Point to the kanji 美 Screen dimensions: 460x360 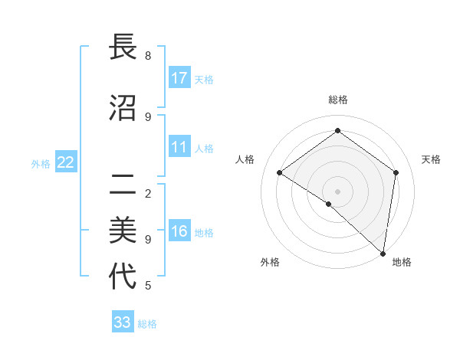[123, 229]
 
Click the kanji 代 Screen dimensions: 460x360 [123, 276]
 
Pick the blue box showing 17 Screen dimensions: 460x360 [179, 77]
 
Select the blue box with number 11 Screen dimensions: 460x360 [179, 147]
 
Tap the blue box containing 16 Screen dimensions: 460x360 [179, 231]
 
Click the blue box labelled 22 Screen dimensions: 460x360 [66, 162]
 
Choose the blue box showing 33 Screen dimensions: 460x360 [123, 322]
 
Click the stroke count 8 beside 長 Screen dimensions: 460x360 [148, 56]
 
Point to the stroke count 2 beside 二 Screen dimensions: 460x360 [148, 193]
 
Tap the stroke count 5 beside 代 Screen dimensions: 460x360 [148, 286]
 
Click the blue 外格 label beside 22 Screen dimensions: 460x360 [41, 163]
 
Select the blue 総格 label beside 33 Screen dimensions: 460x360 [147, 324]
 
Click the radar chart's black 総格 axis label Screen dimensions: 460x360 [338, 100]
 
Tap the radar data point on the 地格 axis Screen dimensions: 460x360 [383, 252]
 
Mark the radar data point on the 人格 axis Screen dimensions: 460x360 [280, 172]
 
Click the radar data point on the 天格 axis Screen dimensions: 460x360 [396, 172]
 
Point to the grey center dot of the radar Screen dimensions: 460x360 [337, 191]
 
